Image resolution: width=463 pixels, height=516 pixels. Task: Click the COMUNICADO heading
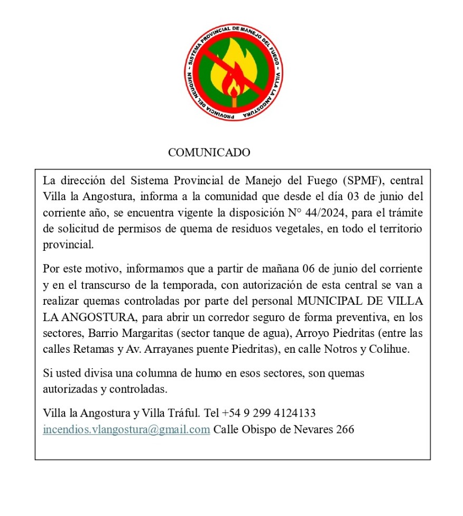click(209, 153)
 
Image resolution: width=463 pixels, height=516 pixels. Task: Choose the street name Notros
click(338, 350)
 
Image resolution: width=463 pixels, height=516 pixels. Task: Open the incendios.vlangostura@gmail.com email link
click(126, 429)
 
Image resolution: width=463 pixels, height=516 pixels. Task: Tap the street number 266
click(345, 429)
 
